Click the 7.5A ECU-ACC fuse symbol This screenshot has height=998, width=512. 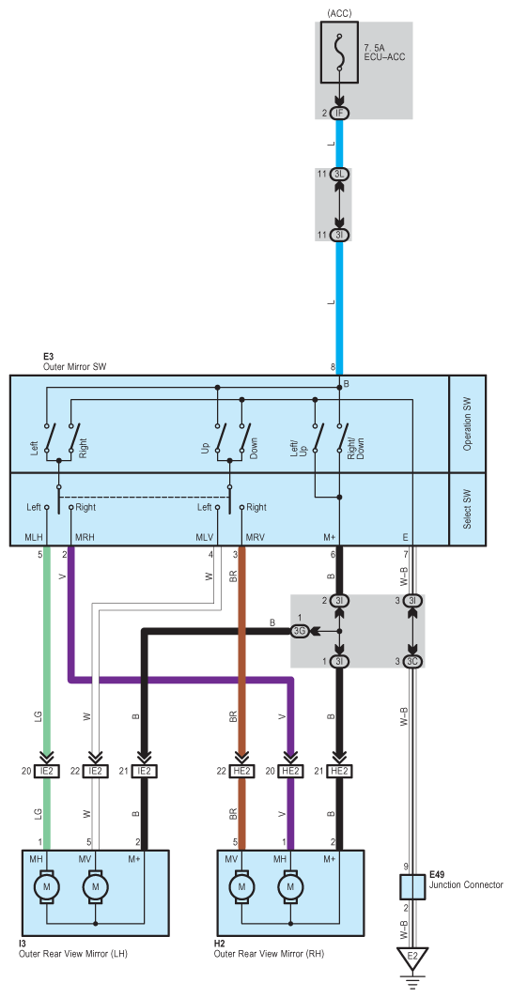coord(339,54)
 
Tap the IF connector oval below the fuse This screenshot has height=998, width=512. coord(339,114)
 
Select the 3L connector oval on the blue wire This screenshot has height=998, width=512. coord(339,174)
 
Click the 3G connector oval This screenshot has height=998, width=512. coord(300,632)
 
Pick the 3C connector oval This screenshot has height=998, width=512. coord(412,661)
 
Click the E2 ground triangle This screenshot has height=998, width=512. coord(412,957)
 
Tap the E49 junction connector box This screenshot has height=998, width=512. coord(412,885)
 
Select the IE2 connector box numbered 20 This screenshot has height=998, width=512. coord(46,772)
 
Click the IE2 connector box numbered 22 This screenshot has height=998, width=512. coord(96,772)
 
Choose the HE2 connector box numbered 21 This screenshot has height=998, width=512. coord(339,772)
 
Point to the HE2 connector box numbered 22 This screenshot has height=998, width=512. coord(241,772)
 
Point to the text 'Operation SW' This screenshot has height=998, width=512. coord(468,424)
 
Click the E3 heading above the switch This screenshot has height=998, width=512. coord(48,358)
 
